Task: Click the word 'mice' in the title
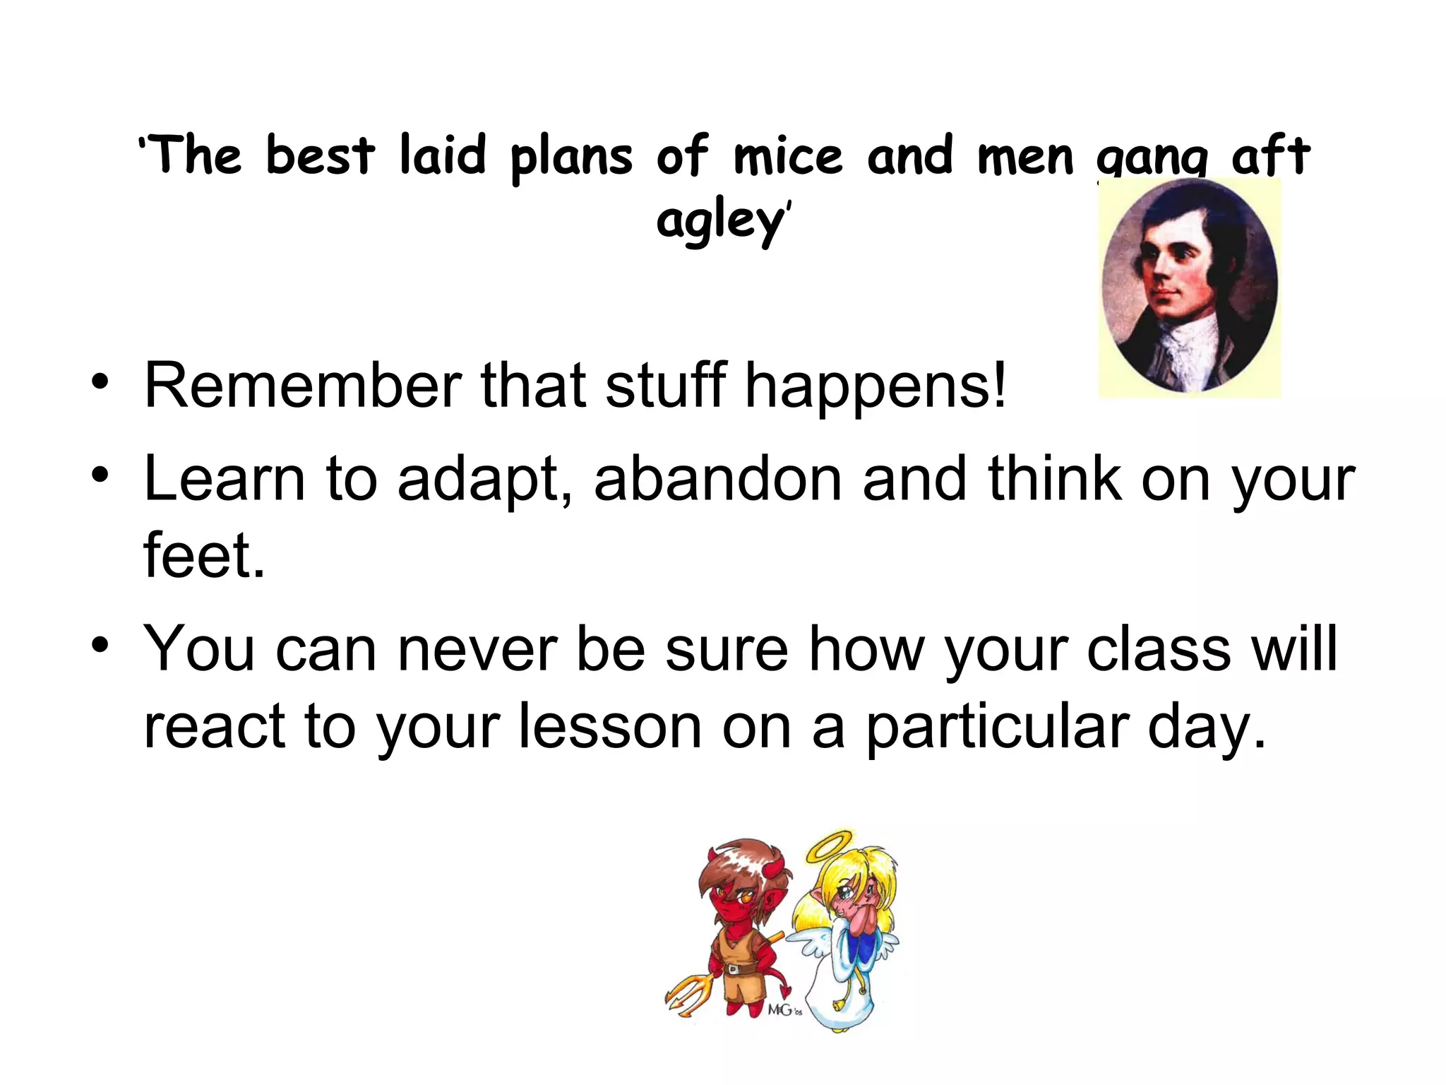click(788, 156)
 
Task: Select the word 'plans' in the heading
click(571, 156)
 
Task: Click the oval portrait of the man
click(1190, 286)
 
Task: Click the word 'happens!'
click(876, 387)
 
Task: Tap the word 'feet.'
click(204, 555)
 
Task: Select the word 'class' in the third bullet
click(1159, 648)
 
